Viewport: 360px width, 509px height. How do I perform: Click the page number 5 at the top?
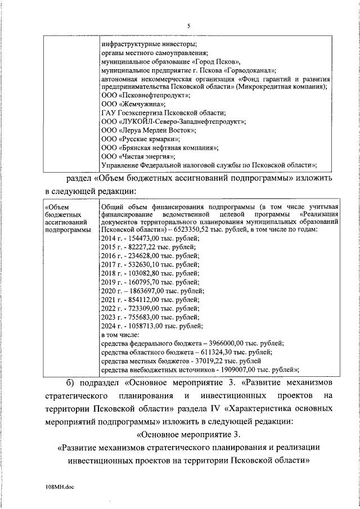[x=189, y=25]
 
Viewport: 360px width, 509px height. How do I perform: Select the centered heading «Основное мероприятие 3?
[x=189, y=434]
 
